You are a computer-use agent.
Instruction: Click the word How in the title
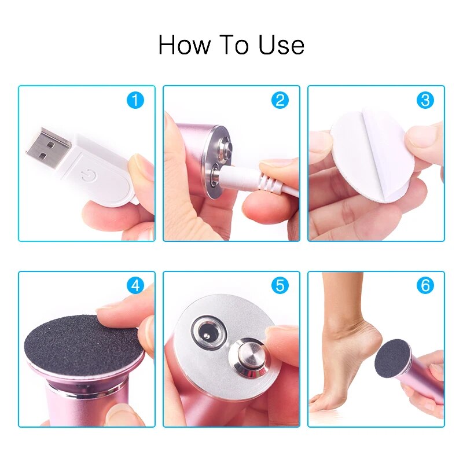click(181, 45)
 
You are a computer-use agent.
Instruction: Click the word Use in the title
click(282, 45)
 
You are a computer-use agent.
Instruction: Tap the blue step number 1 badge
click(135, 100)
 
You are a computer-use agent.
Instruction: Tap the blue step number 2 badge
click(280, 100)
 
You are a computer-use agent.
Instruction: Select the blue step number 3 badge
click(425, 100)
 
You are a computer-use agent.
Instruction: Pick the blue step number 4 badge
click(135, 285)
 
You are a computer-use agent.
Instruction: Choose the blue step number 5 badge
click(280, 285)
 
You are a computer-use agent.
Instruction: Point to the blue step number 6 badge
click(425, 285)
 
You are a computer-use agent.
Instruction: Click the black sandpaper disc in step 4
click(81, 345)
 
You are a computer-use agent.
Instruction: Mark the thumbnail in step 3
click(425, 136)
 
